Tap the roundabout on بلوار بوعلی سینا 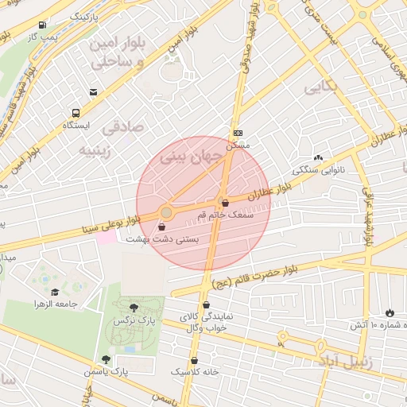click(165, 212)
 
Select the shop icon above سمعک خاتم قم click(225, 203)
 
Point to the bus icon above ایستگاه click(76, 113)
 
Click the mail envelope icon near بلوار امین click(94, 92)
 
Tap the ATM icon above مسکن click(238, 133)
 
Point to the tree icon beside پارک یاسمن click(106, 359)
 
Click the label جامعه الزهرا click(55, 304)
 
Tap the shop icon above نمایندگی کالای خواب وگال click(207, 304)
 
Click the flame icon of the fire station click(389, 311)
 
